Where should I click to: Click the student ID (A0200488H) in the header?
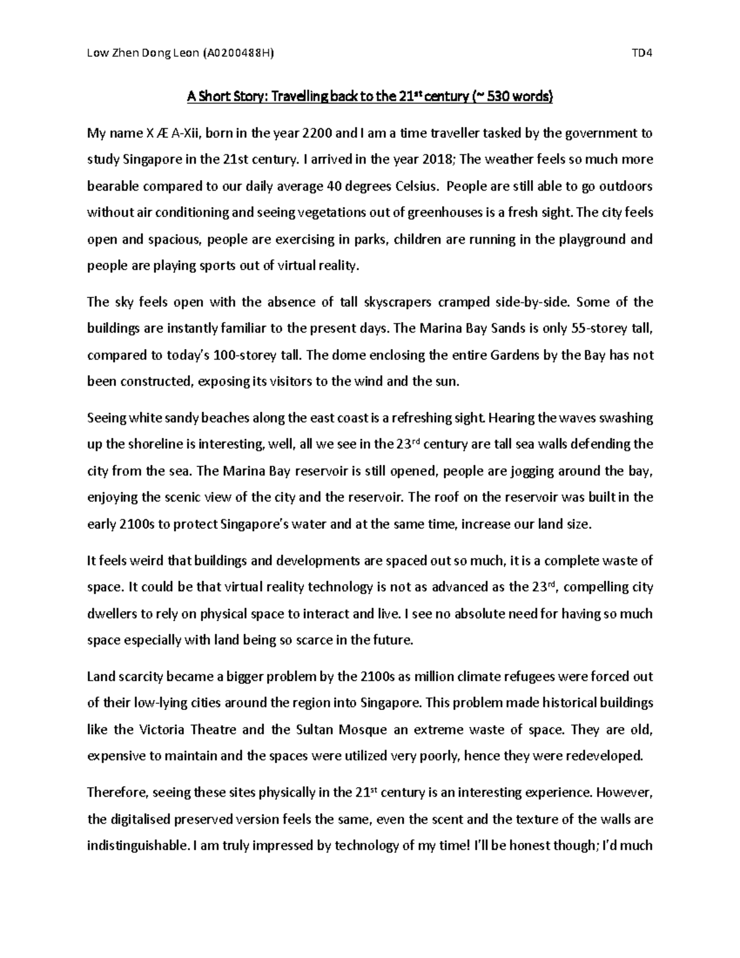tap(237, 53)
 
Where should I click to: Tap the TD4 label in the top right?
tap(641, 53)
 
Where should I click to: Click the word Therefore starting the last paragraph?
tap(113, 793)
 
